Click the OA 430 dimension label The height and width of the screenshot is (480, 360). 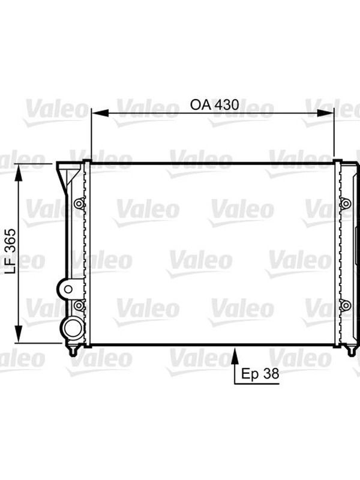point(214,105)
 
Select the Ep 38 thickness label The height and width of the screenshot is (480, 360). point(260,374)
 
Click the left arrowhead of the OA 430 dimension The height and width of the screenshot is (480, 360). point(100,113)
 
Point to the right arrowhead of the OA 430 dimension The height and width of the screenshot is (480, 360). point(325,113)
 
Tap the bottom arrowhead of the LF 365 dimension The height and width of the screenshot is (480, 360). point(19,334)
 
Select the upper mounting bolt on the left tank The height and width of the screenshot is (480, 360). point(79,203)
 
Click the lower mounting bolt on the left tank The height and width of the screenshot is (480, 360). point(79,305)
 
